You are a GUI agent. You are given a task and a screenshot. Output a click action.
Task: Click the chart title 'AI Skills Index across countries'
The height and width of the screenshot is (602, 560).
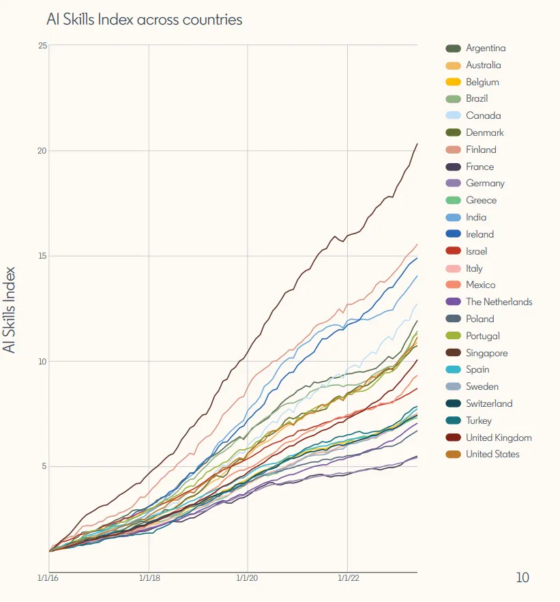tap(144, 19)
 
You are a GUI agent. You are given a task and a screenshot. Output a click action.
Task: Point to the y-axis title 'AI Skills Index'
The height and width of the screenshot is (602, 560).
tap(10, 309)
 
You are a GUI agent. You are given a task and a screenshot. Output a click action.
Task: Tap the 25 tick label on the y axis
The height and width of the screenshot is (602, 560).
tap(42, 46)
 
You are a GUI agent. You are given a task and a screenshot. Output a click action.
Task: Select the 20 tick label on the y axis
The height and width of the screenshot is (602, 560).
tap(42, 151)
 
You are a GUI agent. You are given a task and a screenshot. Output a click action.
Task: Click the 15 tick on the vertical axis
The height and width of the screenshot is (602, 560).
tap(42, 256)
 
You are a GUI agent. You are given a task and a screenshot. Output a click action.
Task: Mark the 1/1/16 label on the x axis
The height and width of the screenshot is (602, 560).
tap(48, 579)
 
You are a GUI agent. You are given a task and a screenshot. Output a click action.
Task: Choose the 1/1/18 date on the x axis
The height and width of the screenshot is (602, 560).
tap(149, 579)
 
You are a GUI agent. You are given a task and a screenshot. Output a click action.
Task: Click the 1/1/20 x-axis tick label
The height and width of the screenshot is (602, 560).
tap(248, 579)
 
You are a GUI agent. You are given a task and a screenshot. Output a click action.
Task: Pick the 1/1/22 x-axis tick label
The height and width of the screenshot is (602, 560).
tap(348, 579)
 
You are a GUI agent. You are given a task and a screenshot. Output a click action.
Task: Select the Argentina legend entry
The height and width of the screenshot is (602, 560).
tap(486, 48)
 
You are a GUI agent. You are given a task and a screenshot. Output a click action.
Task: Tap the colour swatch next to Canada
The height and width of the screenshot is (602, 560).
tap(453, 116)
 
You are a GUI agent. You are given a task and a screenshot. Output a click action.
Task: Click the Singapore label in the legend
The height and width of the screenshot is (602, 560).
tap(486, 353)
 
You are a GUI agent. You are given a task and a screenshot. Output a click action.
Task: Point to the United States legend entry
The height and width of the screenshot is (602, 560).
tap(492, 455)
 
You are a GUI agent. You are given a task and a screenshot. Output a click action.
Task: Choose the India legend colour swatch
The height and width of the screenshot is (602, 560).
tap(453, 218)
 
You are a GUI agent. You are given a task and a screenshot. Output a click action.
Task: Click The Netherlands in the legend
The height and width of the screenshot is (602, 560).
tap(499, 302)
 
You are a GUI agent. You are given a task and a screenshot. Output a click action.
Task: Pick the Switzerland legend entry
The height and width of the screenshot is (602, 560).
tap(489, 404)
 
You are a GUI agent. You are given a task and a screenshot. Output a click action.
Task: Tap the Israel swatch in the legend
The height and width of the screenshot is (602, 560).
tap(453, 252)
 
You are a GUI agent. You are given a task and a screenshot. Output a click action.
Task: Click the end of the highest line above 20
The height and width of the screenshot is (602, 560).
tap(417, 144)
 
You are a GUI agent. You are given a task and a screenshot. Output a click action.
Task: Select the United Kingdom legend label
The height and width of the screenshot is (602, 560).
tap(499, 438)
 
